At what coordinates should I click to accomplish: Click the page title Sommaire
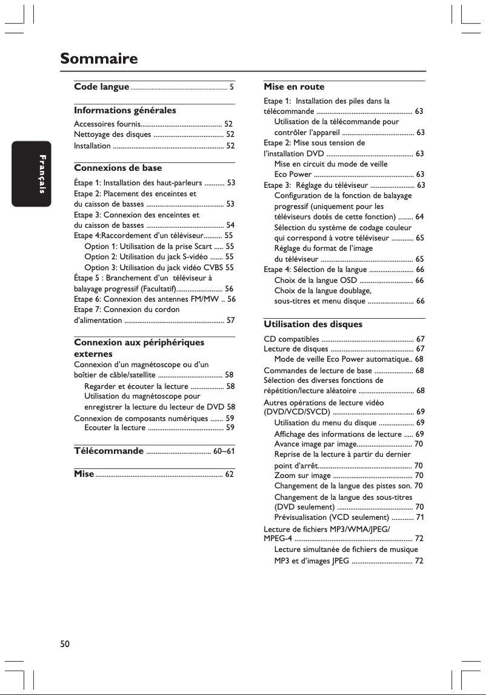99,59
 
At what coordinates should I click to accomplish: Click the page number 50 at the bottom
65,643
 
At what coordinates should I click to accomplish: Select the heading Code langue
101,87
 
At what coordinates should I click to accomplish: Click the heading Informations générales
125,110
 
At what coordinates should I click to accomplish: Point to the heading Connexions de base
118,167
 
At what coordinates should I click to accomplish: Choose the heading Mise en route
294,87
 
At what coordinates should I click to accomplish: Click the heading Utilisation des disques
313,324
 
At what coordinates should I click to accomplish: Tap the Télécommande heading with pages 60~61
108,451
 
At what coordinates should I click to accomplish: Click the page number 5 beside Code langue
231,88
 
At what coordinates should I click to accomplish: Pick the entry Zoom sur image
302,476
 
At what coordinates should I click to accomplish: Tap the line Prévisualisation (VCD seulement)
331,517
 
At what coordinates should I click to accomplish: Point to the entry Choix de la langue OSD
315,280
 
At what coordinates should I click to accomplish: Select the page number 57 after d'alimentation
230,319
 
